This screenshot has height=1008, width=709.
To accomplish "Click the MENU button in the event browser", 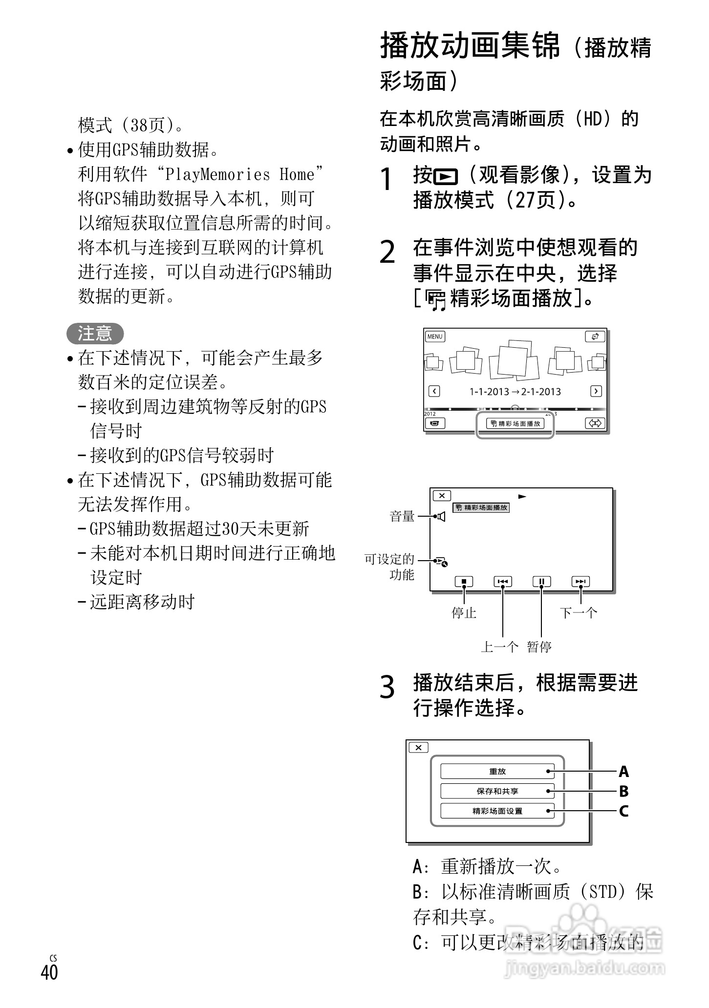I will pyautogui.click(x=434, y=336).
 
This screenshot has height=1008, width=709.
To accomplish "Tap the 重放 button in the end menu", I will pyautogui.click(x=497, y=771).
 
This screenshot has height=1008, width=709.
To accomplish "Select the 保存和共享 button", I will pyautogui.click(x=497, y=791).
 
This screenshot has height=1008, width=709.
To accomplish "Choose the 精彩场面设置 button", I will pyautogui.click(x=497, y=811).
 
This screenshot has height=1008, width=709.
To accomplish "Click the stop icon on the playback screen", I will pyautogui.click(x=464, y=582).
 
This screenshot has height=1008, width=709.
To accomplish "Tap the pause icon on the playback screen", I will pyautogui.click(x=541, y=582).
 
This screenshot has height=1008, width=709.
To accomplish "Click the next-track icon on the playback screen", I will pyautogui.click(x=580, y=582).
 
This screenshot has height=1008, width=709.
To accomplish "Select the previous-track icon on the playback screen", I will pyautogui.click(x=503, y=582).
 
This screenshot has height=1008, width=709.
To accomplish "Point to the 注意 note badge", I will pyautogui.click(x=95, y=334).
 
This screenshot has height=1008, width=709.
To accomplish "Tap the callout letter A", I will pyautogui.click(x=623, y=772).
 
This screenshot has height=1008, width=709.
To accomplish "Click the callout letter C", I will pyautogui.click(x=623, y=812).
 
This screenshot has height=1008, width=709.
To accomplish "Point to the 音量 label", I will pyautogui.click(x=402, y=516).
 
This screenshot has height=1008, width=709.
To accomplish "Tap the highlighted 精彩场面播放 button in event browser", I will pyautogui.click(x=515, y=424).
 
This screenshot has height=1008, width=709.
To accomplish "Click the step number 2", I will pyautogui.click(x=387, y=253).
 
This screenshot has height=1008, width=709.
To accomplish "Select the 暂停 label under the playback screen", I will pyautogui.click(x=539, y=647).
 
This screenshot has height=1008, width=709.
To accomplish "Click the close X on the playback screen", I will pyautogui.click(x=442, y=496).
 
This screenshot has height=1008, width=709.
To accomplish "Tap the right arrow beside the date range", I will pyautogui.click(x=596, y=391).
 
